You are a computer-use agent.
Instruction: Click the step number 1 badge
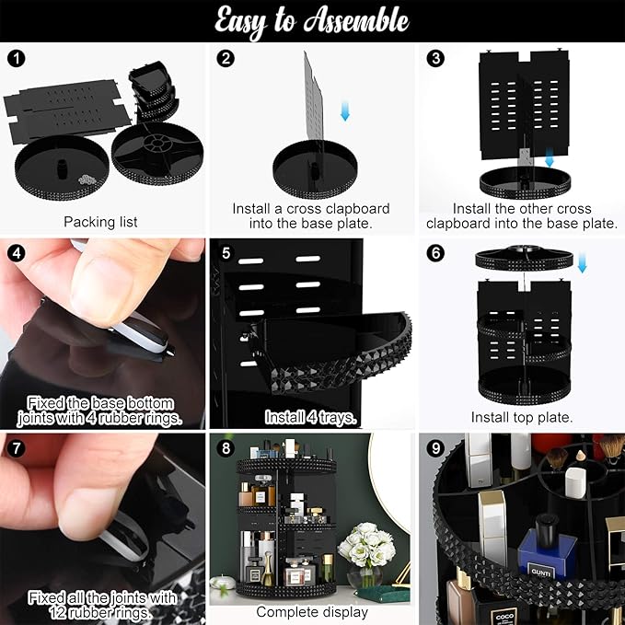pyautogui.click(x=17, y=59)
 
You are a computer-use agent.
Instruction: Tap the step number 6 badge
pyautogui.click(x=435, y=253)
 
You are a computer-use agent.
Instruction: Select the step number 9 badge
pyautogui.click(x=435, y=448)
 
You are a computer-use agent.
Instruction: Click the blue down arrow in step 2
pyautogui.click(x=345, y=110)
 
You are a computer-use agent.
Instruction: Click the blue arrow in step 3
pyautogui.click(x=550, y=157)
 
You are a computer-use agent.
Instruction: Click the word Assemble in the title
pyautogui.click(x=356, y=21)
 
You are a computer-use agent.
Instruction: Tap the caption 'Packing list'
pyautogui.click(x=100, y=222)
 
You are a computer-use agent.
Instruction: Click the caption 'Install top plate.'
pyautogui.click(x=522, y=417)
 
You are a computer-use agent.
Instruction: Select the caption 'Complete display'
pyautogui.click(x=312, y=612)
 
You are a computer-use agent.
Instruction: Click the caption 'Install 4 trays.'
pyautogui.click(x=310, y=417)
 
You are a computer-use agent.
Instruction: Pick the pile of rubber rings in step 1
pyautogui.click(x=89, y=179)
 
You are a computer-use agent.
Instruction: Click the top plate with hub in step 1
pyautogui.click(x=157, y=154)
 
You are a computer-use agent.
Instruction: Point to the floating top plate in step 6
pyautogui.click(x=524, y=258)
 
